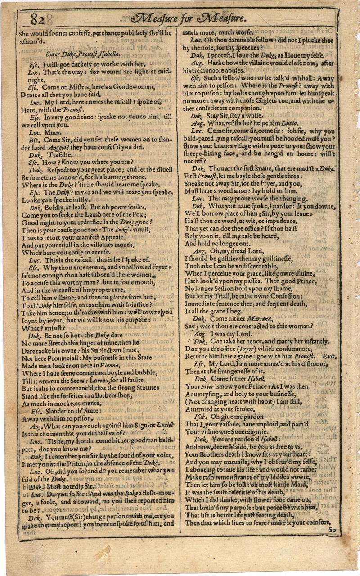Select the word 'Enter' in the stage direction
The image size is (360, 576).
54,54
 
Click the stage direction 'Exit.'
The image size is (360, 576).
331,356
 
